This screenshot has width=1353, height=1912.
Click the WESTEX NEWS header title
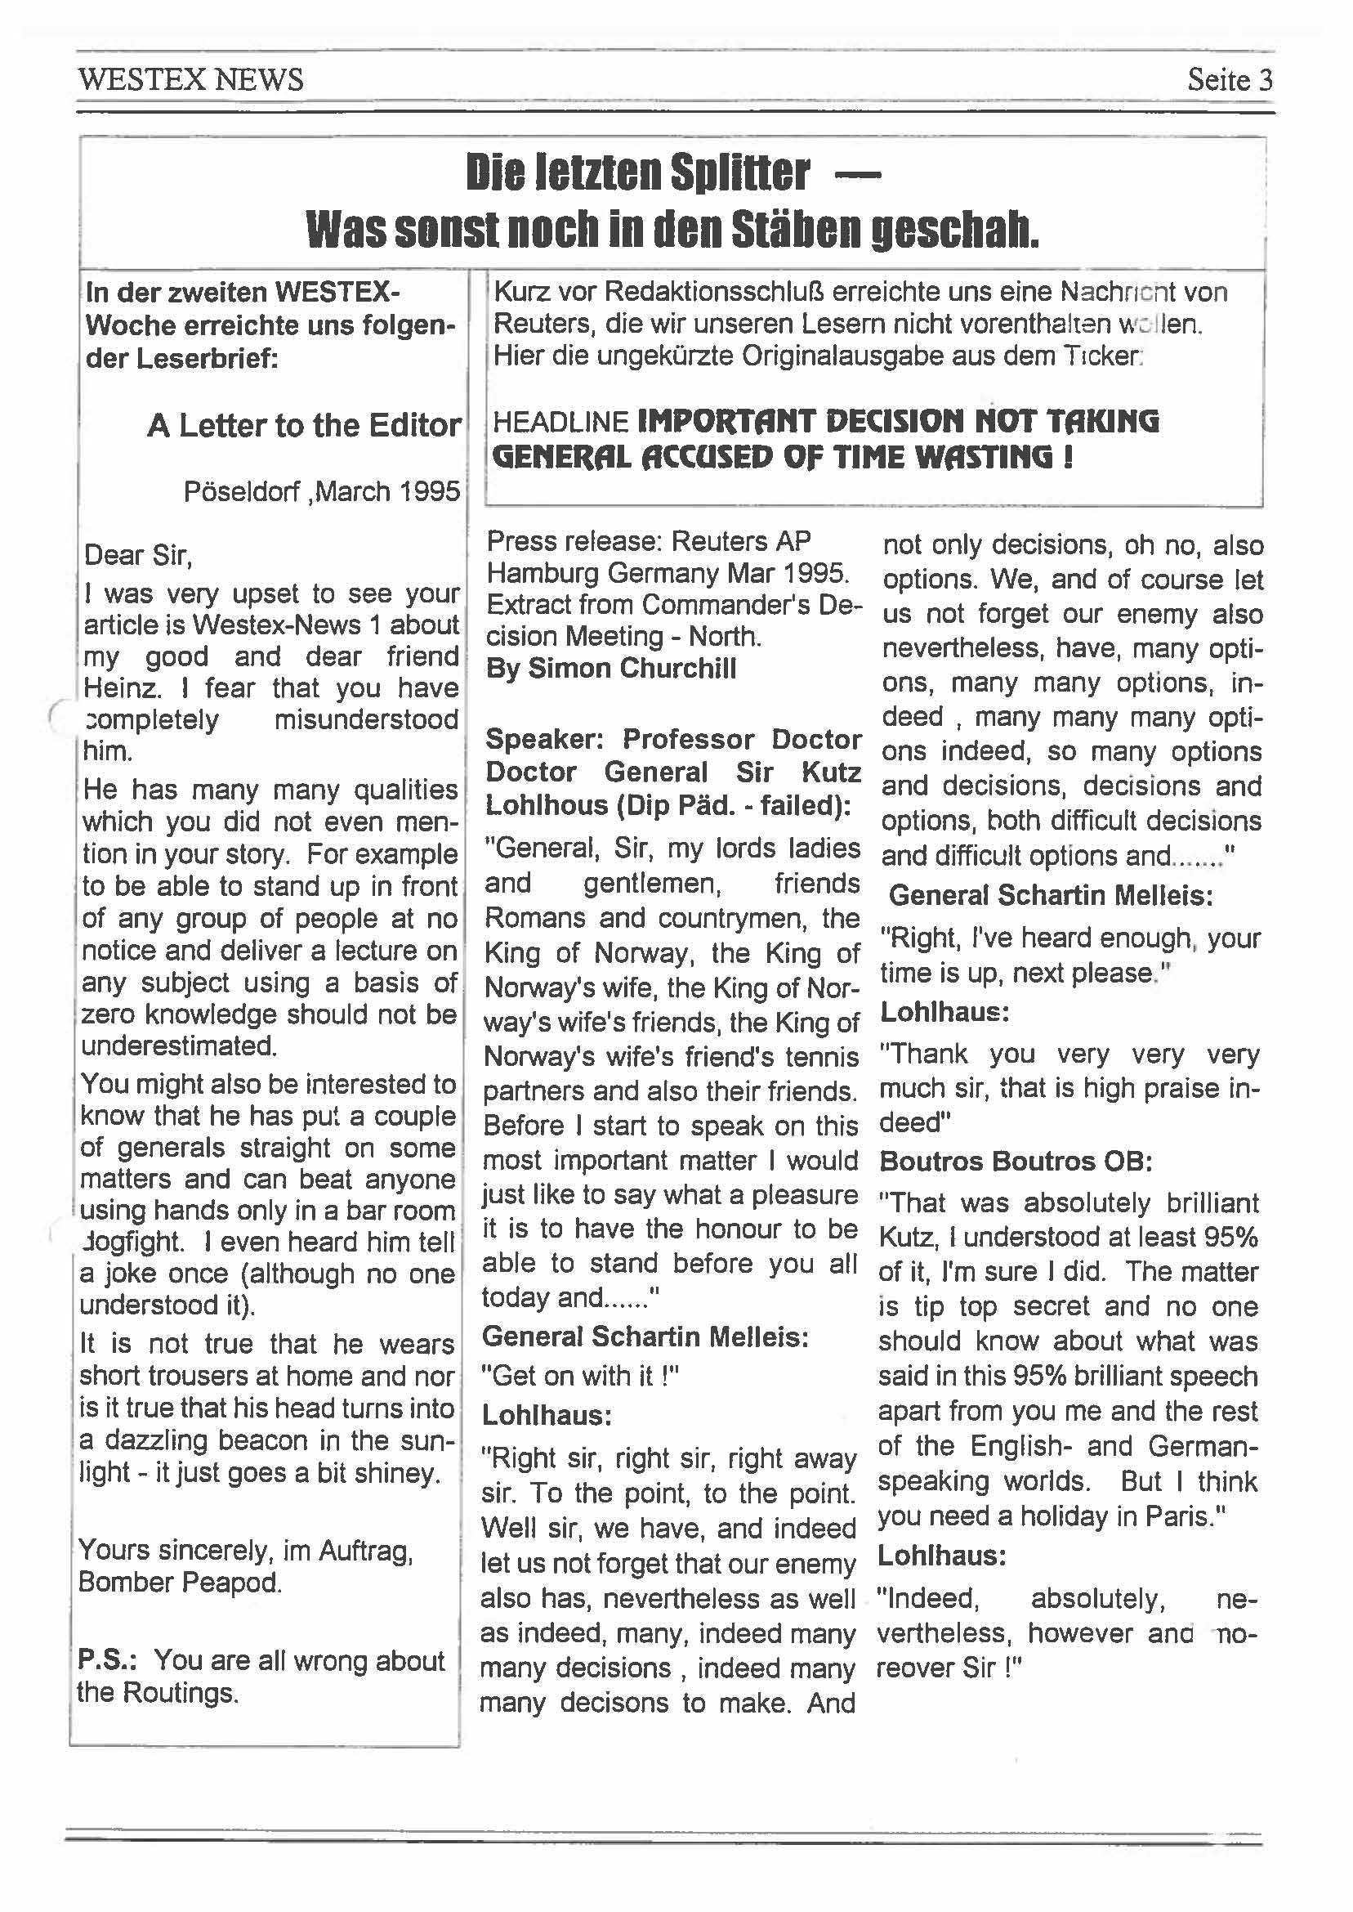(x=191, y=80)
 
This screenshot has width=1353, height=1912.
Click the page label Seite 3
(x=1230, y=80)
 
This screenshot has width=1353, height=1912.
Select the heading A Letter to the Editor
(x=304, y=426)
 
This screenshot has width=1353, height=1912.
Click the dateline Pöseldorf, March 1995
(x=322, y=491)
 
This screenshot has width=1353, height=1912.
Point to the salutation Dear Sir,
(x=138, y=555)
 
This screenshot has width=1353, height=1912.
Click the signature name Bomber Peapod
(x=180, y=1582)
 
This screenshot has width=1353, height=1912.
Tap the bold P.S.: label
(x=108, y=1660)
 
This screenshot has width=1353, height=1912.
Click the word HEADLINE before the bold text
(x=560, y=423)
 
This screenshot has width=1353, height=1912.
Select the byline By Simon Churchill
(x=610, y=669)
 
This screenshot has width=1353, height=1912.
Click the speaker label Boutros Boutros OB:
(x=1016, y=1161)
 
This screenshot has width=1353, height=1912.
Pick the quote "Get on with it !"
(x=581, y=1375)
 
